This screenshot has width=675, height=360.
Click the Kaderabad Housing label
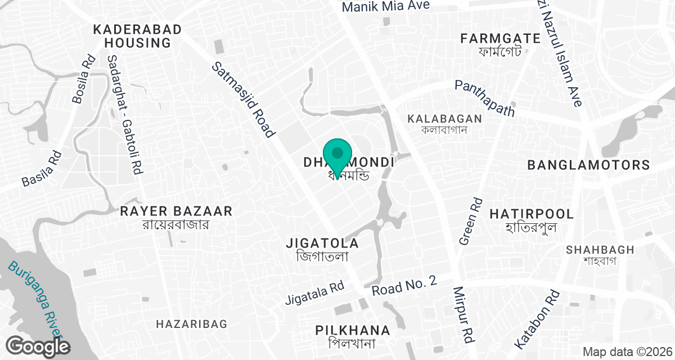tap(137, 36)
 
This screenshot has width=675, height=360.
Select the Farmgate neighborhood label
tap(492, 44)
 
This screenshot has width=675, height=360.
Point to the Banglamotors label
tap(588, 165)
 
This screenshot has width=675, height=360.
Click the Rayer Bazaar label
tap(176, 217)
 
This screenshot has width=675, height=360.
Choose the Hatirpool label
tap(532, 220)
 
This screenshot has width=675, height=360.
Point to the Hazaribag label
tap(192, 324)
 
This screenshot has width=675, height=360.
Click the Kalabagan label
tap(445, 123)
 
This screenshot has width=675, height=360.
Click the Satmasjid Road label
tap(243, 100)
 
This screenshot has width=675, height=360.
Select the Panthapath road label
tap(485, 98)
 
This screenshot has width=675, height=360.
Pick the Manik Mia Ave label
tap(386, 6)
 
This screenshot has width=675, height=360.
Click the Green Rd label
tap(471, 221)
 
